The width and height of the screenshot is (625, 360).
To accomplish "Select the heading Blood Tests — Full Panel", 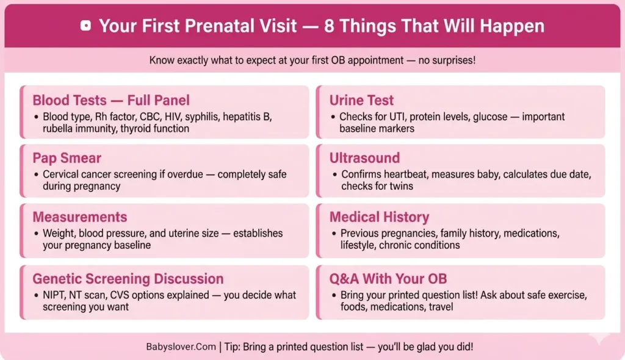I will (x=111, y=100).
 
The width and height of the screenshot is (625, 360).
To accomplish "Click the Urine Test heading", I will (x=361, y=100).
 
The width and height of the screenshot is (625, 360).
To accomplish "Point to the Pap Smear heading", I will (x=67, y=159).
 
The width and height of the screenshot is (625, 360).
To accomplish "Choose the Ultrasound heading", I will (x=364, y=159).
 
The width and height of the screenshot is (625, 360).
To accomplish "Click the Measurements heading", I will (x=79, y=217).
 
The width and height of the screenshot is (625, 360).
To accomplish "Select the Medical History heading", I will (x=379, y=217).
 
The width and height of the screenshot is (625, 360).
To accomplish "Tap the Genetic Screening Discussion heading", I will (x=128, y=279).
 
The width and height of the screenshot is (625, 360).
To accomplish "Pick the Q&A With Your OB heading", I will (x=388, y=279).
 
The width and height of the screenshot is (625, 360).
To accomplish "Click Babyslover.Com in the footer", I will (x=181, y=347).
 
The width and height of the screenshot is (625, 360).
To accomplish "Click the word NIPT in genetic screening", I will (x=55, y=295).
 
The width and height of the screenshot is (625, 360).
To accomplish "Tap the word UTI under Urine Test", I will (x=397, y=117).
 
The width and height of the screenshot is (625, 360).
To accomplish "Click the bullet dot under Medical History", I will (x=333, y=234).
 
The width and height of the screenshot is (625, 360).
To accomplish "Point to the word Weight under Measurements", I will (x=57, y=234).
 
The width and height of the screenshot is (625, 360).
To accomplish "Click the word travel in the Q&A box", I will (x=441, y=307).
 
